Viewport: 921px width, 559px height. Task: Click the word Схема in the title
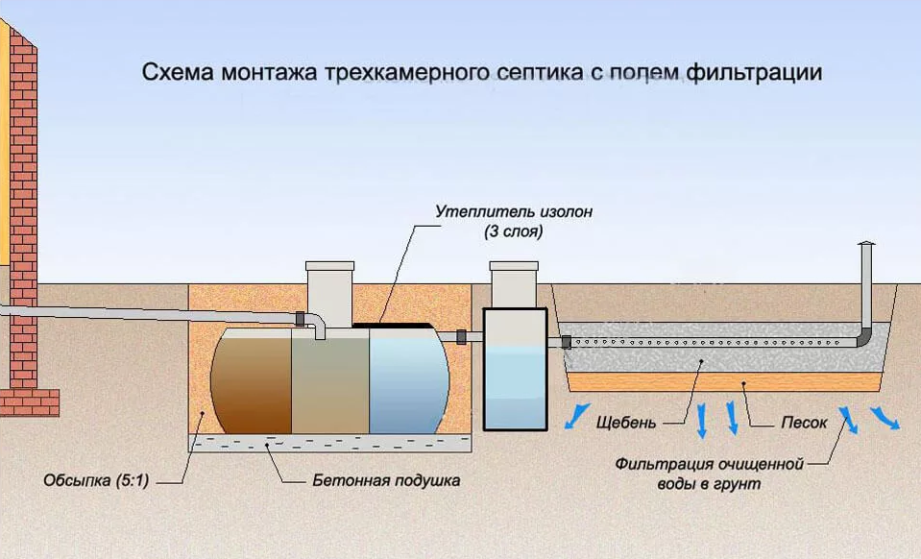pyautogui.click(x=173, y=73)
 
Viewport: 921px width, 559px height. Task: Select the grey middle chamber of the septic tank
pyautogui.click(x=331, y=379)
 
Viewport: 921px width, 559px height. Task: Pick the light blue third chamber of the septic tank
pyautogui.click(x=408, y=379)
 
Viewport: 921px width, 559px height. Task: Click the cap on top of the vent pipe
pyautogui.click(x=866, y=245)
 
